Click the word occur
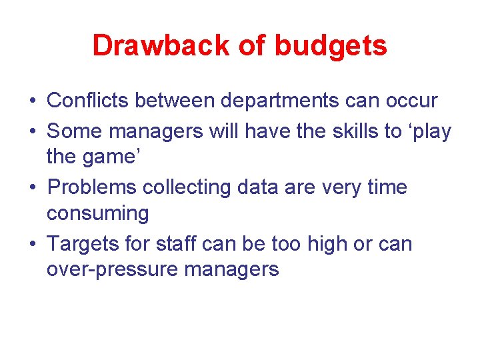point(413,101)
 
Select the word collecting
point(200,187)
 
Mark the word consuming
point(98,214)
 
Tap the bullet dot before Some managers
point(32,131)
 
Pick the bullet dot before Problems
point(32,188)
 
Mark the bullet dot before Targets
point(32,244)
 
